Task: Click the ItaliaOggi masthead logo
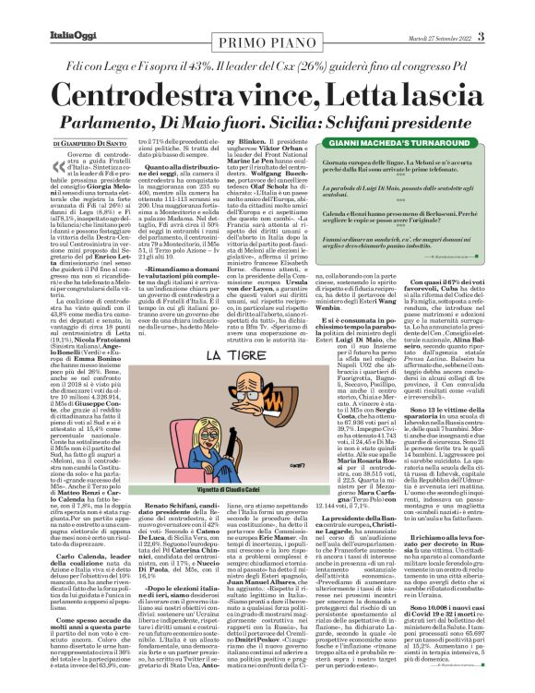[x=36, y=10]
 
